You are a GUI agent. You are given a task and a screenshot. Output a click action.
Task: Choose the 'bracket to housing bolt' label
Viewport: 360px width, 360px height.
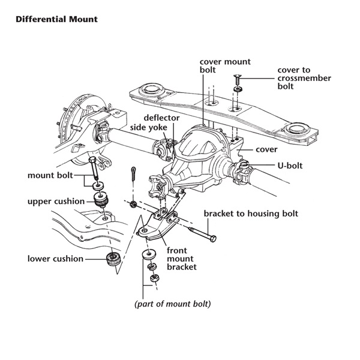pos(251,214)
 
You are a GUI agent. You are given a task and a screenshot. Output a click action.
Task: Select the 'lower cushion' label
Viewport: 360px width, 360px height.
pos(55,259)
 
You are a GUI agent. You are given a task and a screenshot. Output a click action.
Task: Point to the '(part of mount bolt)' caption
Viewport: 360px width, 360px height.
pos(173,304)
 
